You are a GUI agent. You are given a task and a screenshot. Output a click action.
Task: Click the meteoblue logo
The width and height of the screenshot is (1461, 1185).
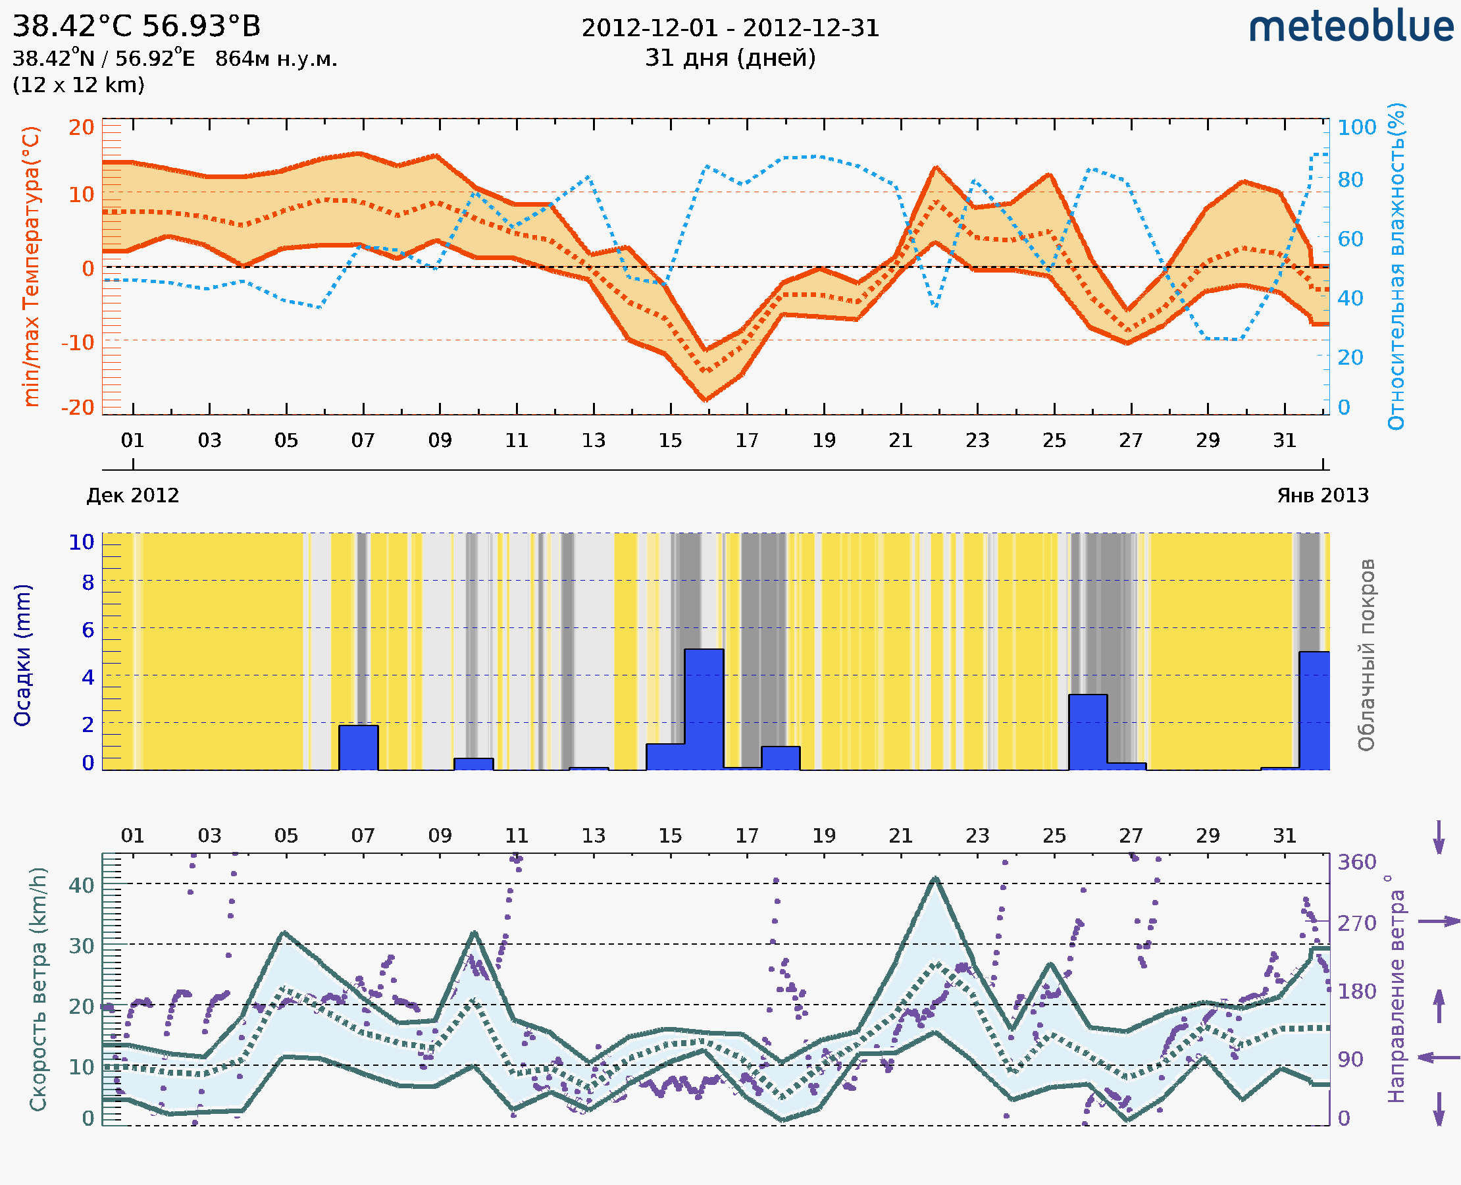(x=1350, y=27)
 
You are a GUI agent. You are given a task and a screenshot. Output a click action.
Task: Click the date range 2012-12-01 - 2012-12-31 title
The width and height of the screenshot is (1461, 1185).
(x=730, y=28)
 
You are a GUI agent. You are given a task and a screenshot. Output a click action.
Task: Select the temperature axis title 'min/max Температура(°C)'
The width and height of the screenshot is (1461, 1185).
(x=31, y=266)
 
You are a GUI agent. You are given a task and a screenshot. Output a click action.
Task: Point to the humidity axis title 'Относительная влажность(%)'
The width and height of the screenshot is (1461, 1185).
(x=1396, y=266)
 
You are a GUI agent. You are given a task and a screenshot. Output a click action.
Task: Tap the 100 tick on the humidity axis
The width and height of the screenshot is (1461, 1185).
(x=1356, y=127)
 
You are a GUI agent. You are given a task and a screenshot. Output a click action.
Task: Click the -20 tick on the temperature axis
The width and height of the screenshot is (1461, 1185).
(x=78, y=407)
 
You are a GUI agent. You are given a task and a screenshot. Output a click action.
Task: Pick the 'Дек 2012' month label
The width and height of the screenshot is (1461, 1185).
(x=132, y=495)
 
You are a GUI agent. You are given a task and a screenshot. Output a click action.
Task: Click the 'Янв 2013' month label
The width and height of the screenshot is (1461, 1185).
(x=1323, y=495)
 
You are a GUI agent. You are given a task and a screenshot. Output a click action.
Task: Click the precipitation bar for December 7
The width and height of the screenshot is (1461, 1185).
(x=358, y=747)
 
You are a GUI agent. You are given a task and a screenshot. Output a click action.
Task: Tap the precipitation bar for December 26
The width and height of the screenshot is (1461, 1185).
(x=1088, y=732)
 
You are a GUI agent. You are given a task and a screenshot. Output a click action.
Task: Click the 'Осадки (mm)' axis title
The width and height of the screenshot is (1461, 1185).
(x=22, y=655)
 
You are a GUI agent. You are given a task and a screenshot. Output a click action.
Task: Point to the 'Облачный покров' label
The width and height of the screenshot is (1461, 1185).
(x=1366, y=655)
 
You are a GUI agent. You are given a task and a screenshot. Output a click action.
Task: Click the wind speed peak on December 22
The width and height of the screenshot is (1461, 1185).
(x=936, y=878)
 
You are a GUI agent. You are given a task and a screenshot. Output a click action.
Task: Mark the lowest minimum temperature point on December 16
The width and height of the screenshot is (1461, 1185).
(x=705, y=400)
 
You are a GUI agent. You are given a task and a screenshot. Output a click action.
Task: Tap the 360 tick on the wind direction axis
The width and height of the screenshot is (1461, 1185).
(x=1356, y=862)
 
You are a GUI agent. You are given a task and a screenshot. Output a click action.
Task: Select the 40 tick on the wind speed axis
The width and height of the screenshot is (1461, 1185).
(x=82, y=885)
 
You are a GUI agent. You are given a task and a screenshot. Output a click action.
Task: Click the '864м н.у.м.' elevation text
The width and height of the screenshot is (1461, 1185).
(x=276, y=59)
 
